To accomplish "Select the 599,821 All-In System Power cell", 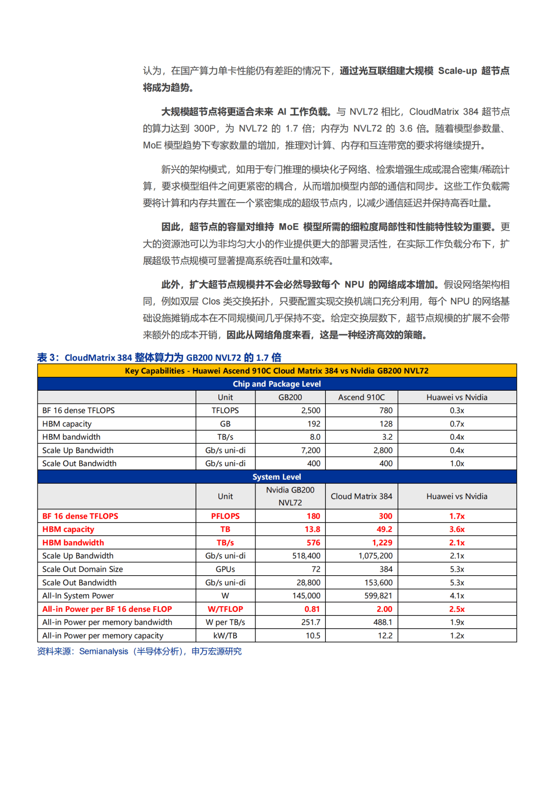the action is pos(378,595).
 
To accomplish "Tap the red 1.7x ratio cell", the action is pos(457,516).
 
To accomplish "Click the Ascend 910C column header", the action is pos(361,397).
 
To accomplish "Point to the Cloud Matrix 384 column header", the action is pos(361,496).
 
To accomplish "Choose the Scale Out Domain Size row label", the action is pos(83,569).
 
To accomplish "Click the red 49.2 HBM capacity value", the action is pos(384,529).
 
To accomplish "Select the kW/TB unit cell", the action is pos(225,635).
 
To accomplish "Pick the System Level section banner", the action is pos(276,477).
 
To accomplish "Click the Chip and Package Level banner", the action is pos(276,384).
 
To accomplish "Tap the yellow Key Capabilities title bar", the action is pos(276,371).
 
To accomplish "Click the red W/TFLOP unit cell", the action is pos(225,609).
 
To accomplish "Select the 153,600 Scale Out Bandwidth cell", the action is pos(378,582).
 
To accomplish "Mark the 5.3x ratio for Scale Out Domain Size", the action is pos(457,569).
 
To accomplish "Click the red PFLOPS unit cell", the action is pos(225,516).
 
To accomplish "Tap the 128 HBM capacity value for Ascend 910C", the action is pos(386,424).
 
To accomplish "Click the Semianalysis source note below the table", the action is pos(139,651).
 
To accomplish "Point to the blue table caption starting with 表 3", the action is pos(159,357).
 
